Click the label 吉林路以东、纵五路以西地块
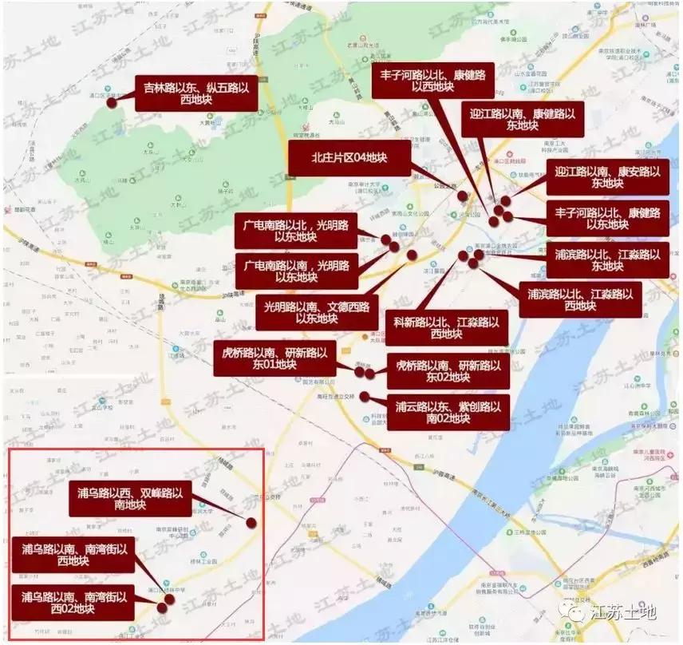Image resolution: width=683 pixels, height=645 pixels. tap(195, 94)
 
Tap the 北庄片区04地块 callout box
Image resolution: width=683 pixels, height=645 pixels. tap(349, 159)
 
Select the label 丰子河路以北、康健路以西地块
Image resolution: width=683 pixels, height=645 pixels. tap(432, 80)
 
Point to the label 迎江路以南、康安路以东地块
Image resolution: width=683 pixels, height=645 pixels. tap(606, 177)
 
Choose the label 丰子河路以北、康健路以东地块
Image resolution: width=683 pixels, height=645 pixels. tap(606, 218)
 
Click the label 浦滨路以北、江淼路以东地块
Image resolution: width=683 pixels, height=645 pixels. tap(606, 259)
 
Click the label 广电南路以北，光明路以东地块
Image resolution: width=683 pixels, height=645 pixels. tap(295, 231)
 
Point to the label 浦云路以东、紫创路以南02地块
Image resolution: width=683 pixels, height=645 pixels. tap(448, 412)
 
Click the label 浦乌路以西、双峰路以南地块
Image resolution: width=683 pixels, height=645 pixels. tap(129, 499)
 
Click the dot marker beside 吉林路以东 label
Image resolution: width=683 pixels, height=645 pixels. tap(113, 101)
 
